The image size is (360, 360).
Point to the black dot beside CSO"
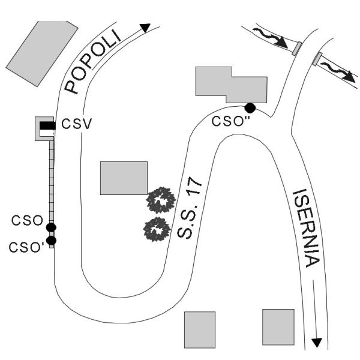point(250,108)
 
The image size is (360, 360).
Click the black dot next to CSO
point(51,227)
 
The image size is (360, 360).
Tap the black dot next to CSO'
point(51,241)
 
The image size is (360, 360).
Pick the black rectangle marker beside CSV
point(47,125)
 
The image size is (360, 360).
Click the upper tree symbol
point(160,200)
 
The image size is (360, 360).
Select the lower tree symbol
point(157,229)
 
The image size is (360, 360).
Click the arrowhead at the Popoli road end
point(145,28)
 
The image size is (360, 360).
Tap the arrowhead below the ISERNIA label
point(317,343)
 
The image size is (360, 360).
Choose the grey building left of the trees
point(124,178)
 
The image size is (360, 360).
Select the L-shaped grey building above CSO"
point(230,85)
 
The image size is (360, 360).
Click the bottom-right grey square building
point(278,327)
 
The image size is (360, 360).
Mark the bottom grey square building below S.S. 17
point(199,329)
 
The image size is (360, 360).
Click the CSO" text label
point(232,122)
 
